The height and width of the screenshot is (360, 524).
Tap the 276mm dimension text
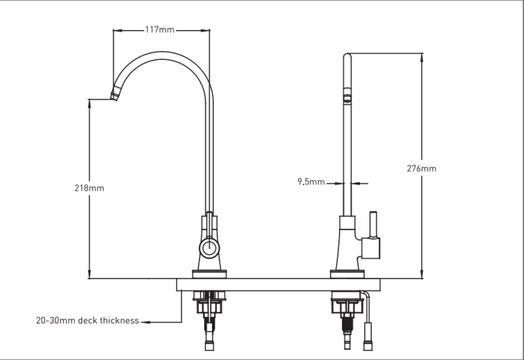pos(421,169)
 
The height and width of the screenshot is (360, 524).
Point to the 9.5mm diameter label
pos(311,182)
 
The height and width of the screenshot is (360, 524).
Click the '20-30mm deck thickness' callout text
pos(87,321)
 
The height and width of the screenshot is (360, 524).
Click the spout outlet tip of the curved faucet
pos(115,96)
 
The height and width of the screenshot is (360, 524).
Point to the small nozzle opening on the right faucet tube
pos(347,97)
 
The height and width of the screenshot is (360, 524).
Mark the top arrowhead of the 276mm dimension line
pos(422,56)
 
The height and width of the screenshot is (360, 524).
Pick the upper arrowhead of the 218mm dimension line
pos(89,102)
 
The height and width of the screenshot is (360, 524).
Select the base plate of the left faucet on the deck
pos(209,274)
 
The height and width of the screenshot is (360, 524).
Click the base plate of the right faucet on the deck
pos(347,274)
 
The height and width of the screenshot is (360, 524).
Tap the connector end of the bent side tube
pos(368,345)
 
